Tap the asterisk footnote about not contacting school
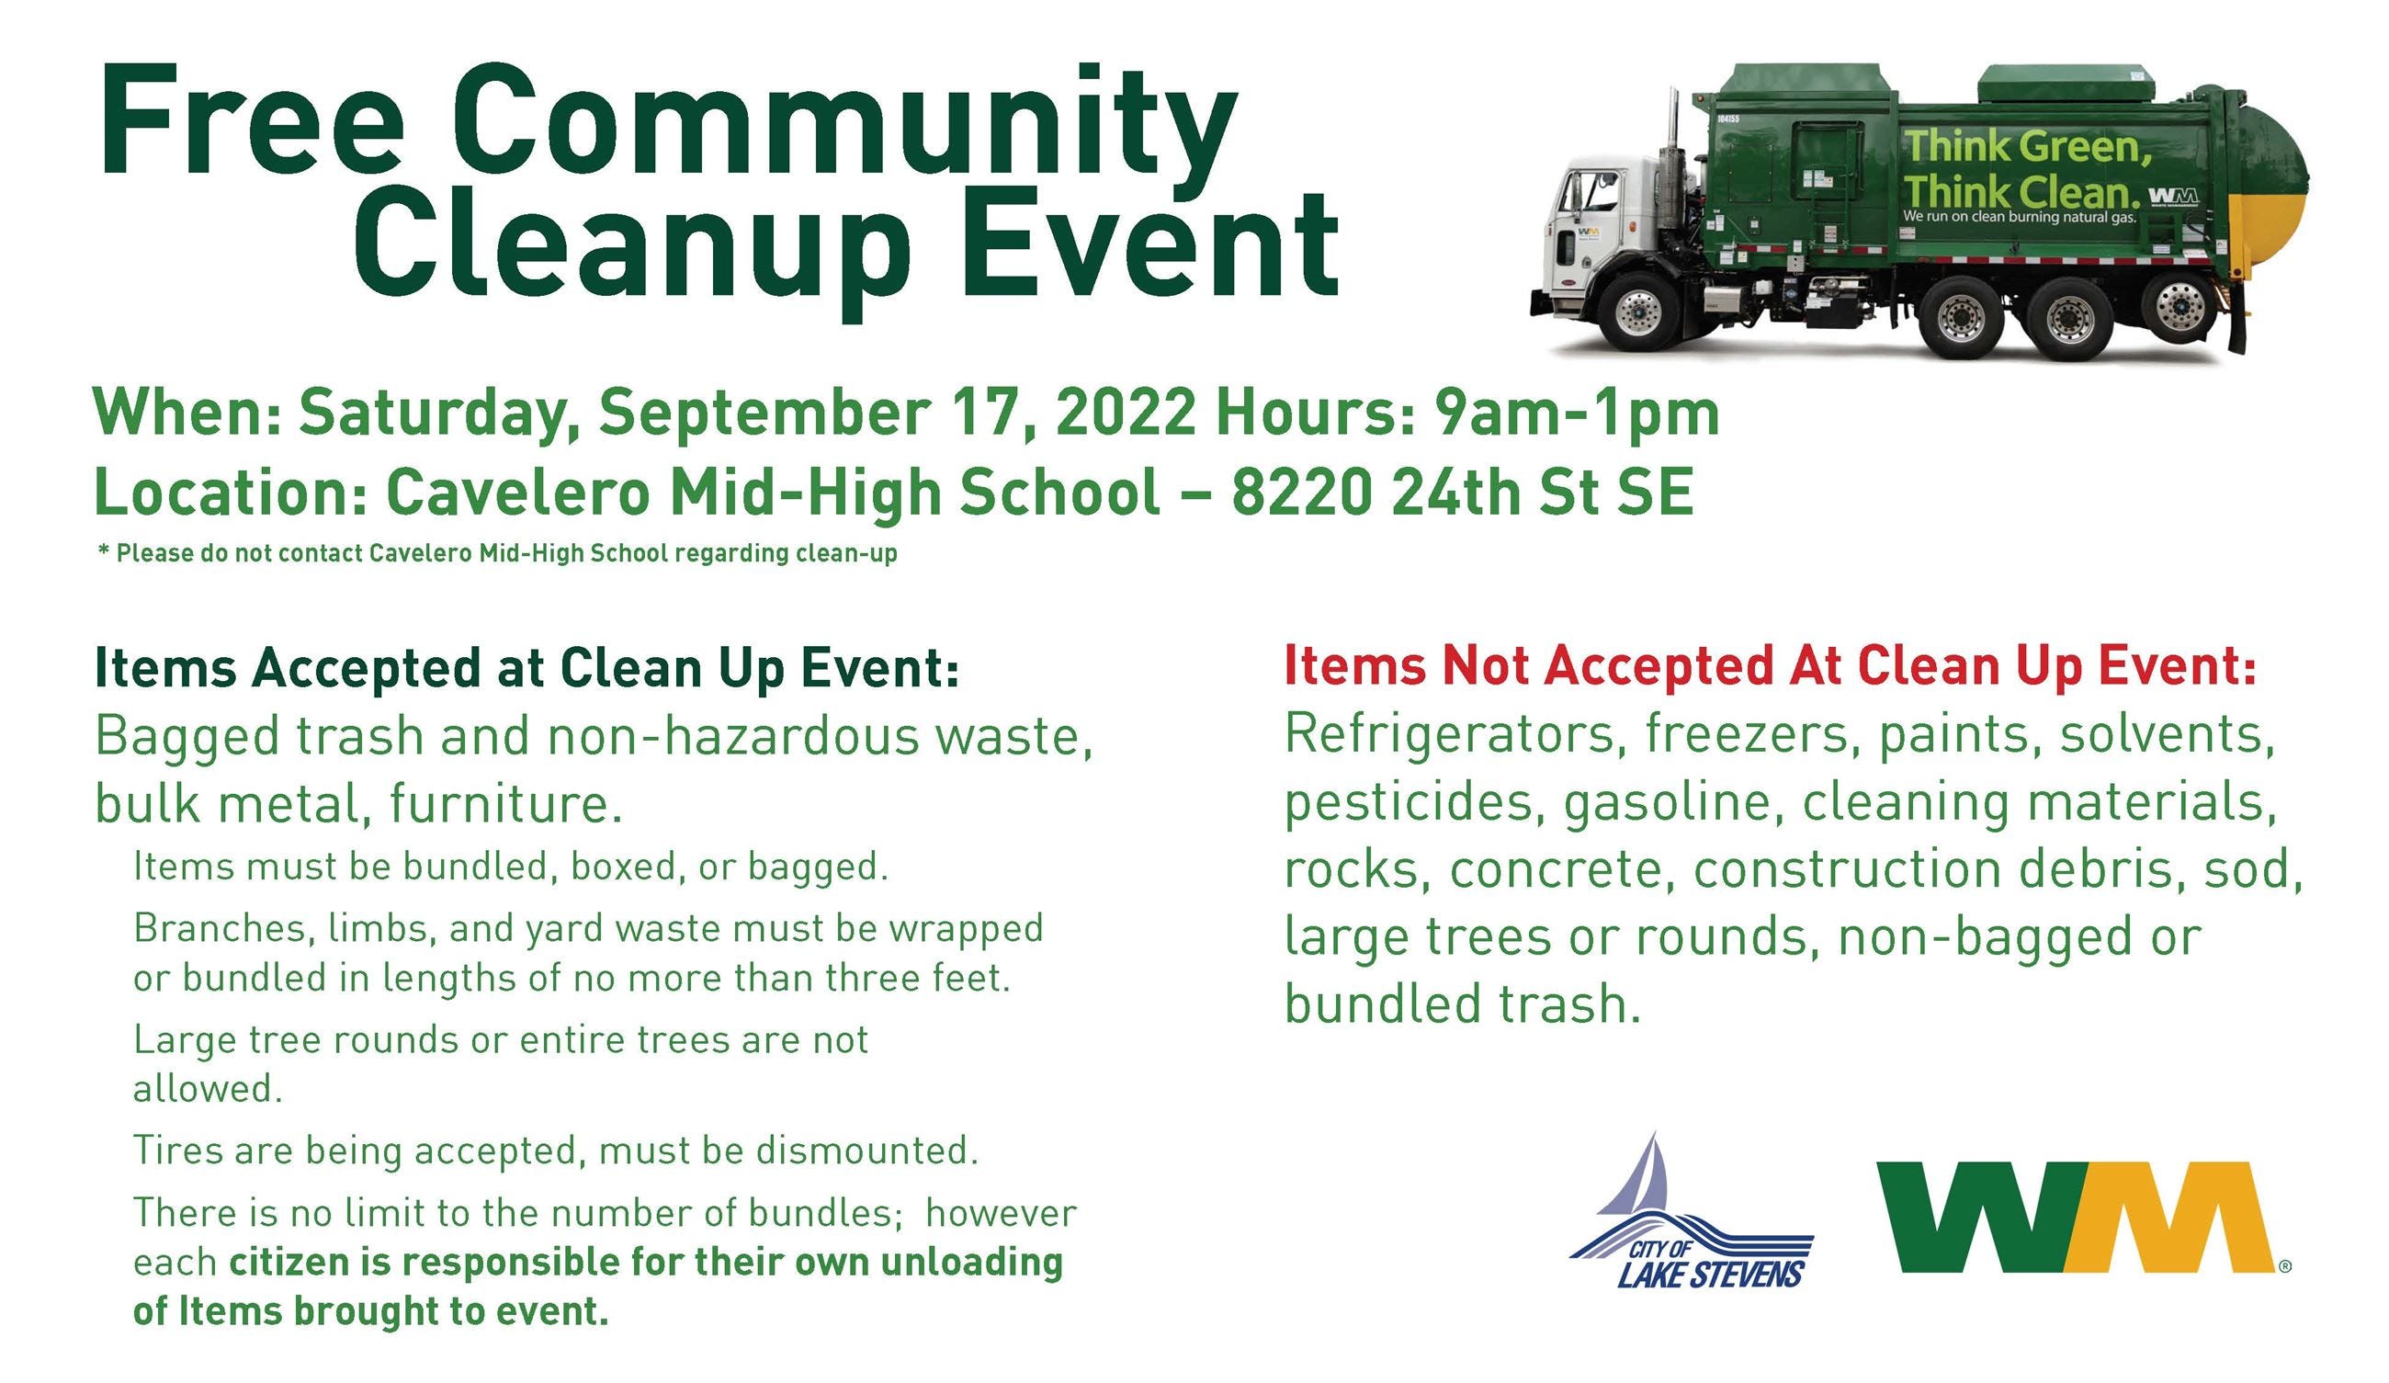point(497,553)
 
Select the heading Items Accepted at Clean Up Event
point(526,668)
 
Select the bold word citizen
point(290,1263)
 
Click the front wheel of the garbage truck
point(1637,309)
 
